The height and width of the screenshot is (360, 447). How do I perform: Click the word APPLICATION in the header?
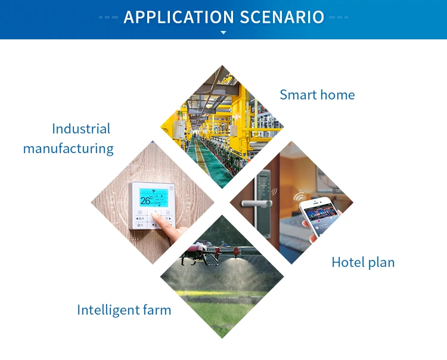(x=179, y=17)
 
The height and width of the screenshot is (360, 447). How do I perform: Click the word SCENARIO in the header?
(x=282, y=17)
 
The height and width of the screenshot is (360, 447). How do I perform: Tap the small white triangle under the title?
(x=223, y=33)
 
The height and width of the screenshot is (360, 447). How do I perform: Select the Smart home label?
(x=317, y=95)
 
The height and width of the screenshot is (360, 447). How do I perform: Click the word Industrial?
(x=81, y=129)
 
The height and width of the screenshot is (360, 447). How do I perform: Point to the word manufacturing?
(x=69, y=149)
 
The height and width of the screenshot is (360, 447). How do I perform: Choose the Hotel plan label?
(x=363, y=262)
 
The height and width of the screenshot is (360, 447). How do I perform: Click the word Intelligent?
(x=108, y=310)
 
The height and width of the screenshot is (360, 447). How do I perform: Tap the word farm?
(x=157, y=310)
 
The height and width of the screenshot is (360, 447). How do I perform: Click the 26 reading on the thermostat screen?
(x=145, y=200)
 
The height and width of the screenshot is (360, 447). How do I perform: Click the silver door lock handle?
(x=256, y=203)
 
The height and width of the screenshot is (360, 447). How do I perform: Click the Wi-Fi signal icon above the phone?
(x=299, y=196)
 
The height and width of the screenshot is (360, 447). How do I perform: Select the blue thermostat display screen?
(x=154, y=197)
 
